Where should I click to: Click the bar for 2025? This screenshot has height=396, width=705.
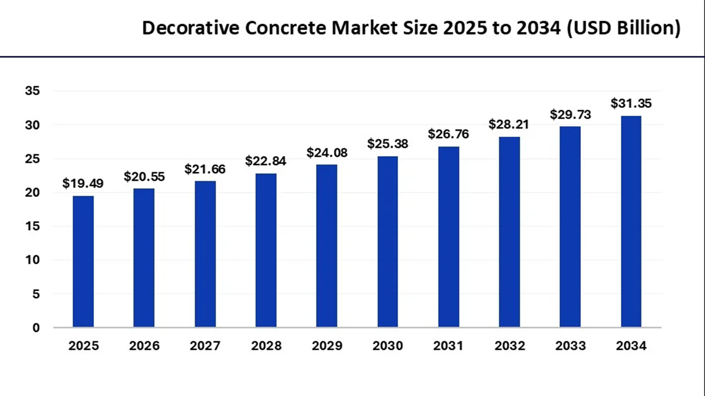pyautogui.click(x=83, y=261)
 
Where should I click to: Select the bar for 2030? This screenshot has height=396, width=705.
pyautogui.click(x=387, y=242)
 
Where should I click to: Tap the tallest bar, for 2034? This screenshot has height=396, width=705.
pyautogui.click(x=631, y=221)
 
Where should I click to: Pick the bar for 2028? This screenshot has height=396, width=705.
pyautogui.click(x=266, y=250)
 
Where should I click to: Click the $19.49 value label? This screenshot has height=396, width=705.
pyautogui.click(x=83, y=183)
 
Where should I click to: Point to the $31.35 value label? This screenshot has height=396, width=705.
pyautogui.click(x=631, y=103)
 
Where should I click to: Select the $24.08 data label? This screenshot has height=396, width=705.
pyautogui.click(x=327, y=153)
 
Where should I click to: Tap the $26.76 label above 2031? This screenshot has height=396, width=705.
pyautogui.click(x=448, y=134)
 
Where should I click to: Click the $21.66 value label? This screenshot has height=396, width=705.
pyautogui.click(x=205, y=169)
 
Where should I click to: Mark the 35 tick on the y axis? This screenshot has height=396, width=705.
pyautogui.click(x=32, y=91)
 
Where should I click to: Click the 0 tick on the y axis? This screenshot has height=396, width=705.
pyautogui.click(x=36, y=327)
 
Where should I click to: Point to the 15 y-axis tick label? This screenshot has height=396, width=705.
pyautogui.click(x=32, y=226)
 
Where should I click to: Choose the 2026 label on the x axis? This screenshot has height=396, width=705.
pyautogui.click(x=144, y=345)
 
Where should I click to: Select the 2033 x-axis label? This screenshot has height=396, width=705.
pyautogui.click(x=570, y=345)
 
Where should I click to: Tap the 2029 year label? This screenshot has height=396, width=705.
pyautogui.click(x=327, y=345)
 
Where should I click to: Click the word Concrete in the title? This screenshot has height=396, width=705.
pyautogui.click(x=285, y=28)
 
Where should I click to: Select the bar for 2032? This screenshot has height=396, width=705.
pyautogui.click(x=509, y=232)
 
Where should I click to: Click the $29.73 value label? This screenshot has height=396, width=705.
pyautogui.click(x=570, y=114)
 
